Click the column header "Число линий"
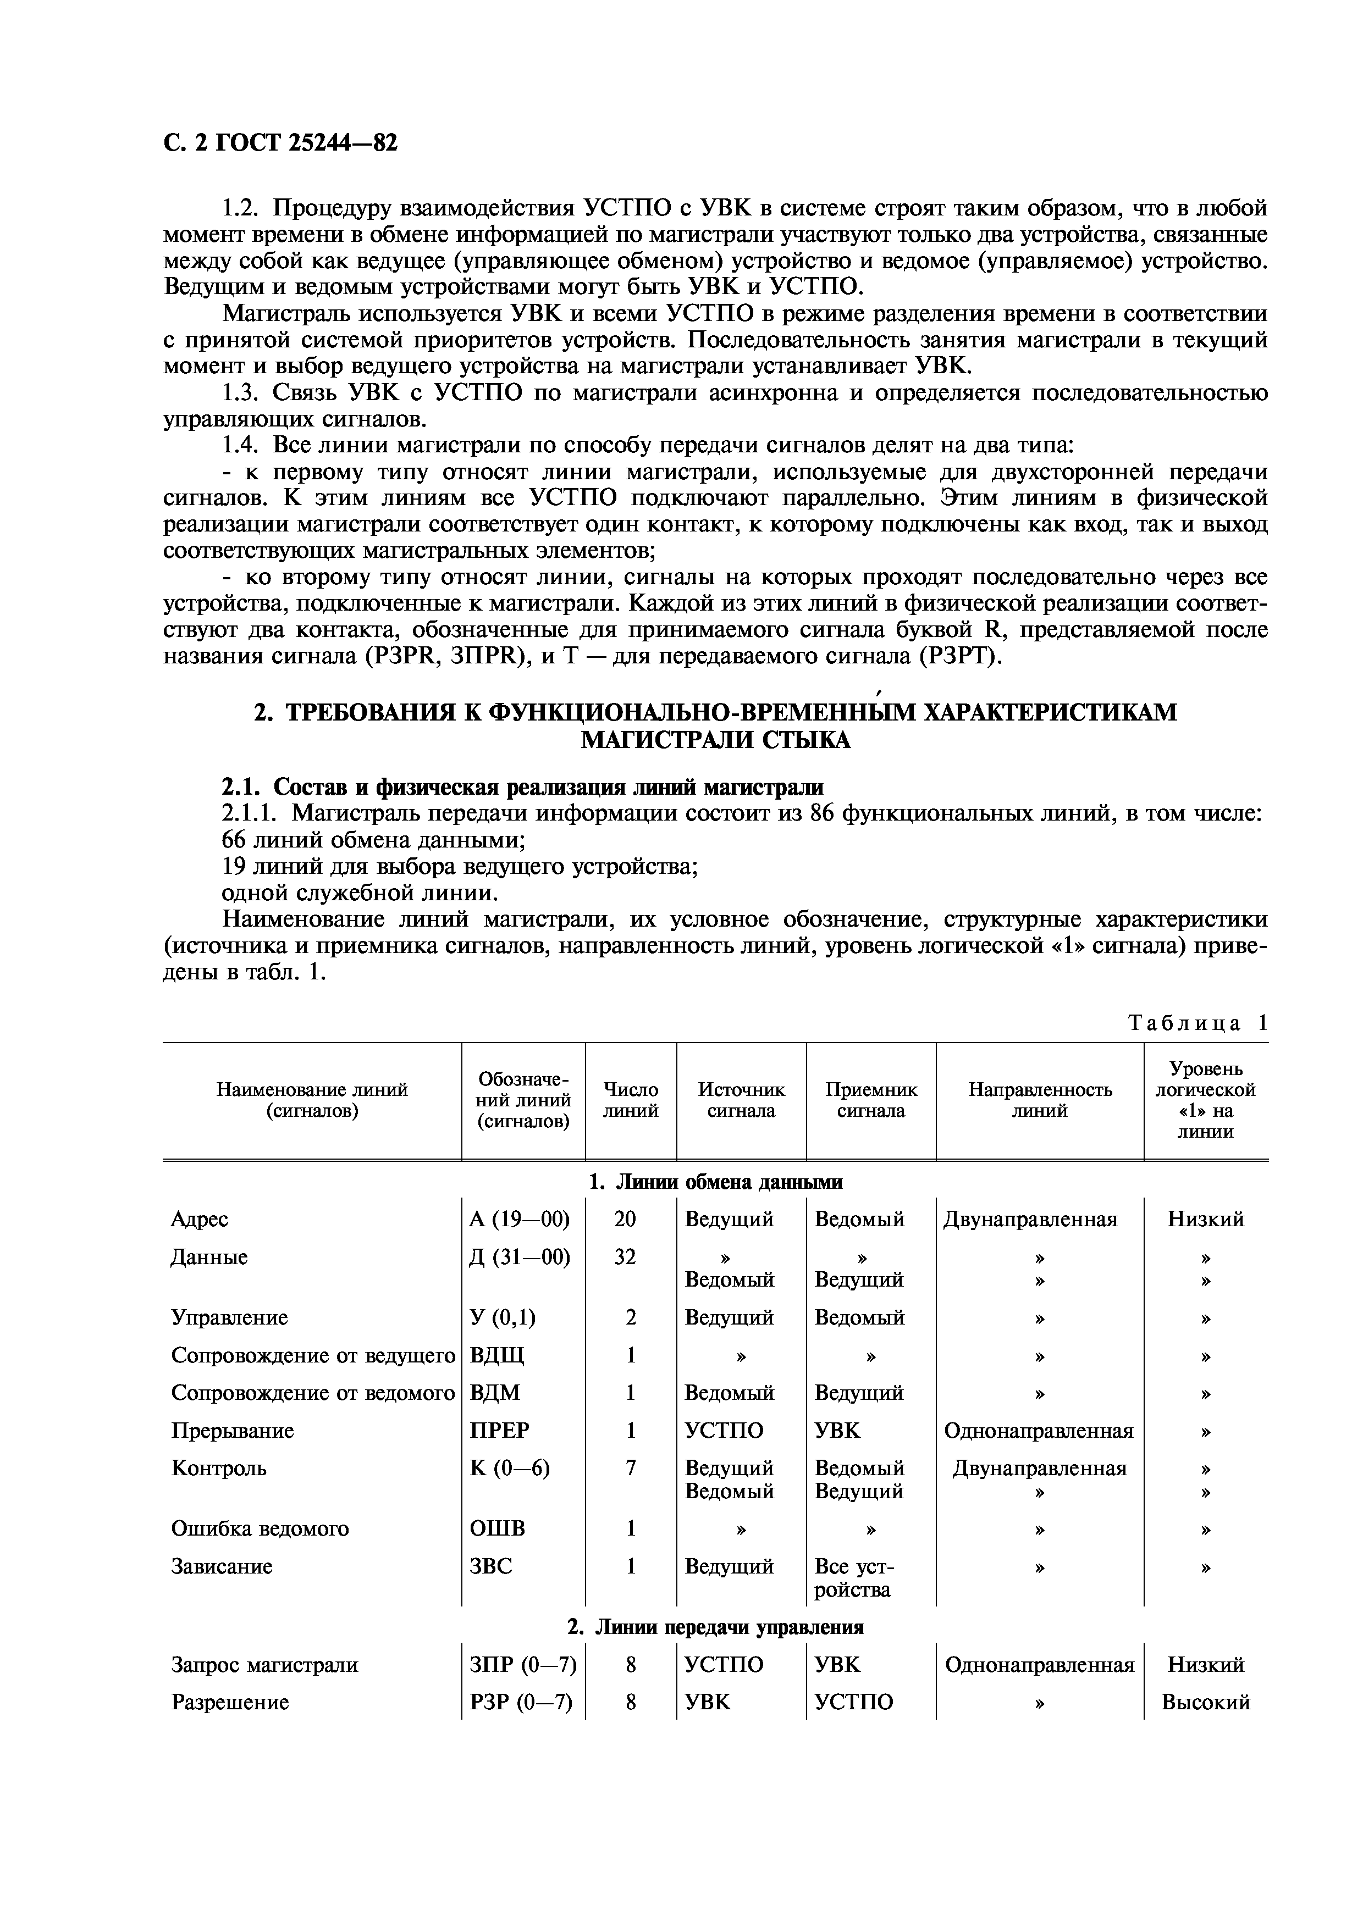pyautogui.click(x=631, y=1100)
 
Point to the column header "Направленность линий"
pyautogui.click(x=1040, y=1100)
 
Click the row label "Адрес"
pyautogui.click(x=200, y=1218)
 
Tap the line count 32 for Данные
pyautogui.click(x=626, y=1256)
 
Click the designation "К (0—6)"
pyautogui.click(x=510, y=1468)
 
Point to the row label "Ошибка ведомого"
pyautogui.click(x=260, y=1528)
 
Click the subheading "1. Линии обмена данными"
pyautogui.click(x=715, y=1182)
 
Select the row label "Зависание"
pyautogui.click(x=222, y=1566)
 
